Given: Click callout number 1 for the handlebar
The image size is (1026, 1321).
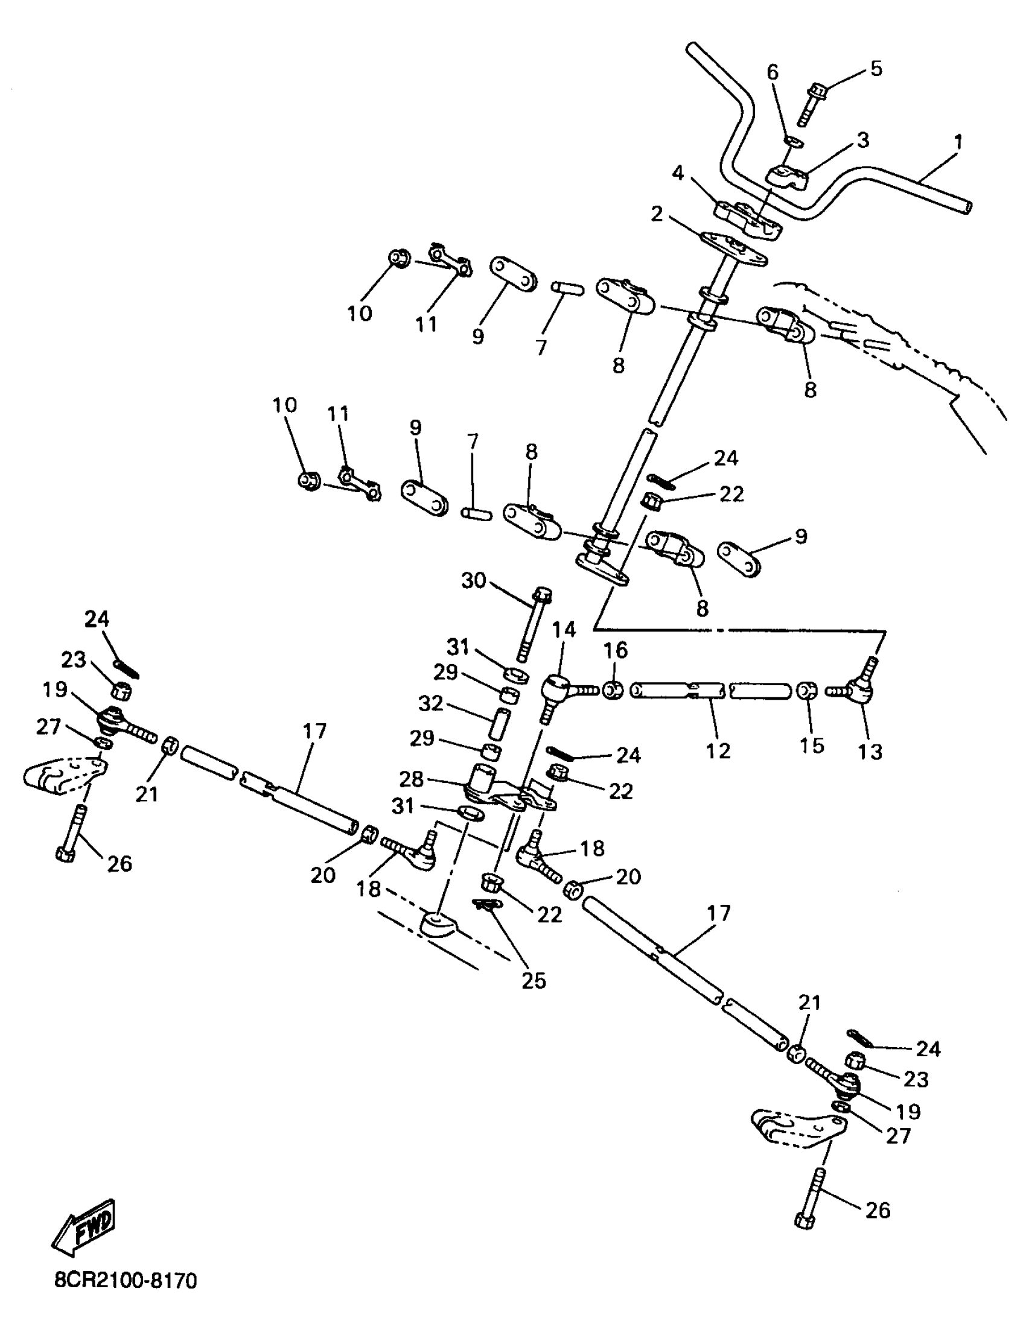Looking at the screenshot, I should point(957,143).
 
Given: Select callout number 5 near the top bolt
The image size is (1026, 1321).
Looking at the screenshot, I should point(876,69).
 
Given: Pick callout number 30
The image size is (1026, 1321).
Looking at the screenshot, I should point(474,581).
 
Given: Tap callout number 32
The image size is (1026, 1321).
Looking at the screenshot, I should point(432,704).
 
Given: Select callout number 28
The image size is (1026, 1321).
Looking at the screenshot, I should point(412,780).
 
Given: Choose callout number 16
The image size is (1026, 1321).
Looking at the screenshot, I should point(616,651).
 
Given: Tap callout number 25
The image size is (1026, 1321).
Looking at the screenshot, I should point(534,980).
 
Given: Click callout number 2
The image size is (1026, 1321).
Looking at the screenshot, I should point(657,214).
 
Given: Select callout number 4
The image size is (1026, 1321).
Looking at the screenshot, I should point(678,173).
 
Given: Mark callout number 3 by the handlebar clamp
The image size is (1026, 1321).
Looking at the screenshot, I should point(862,141).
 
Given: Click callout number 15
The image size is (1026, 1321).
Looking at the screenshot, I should point(812,745).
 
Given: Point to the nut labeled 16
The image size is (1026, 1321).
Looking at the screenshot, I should point(613,690).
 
